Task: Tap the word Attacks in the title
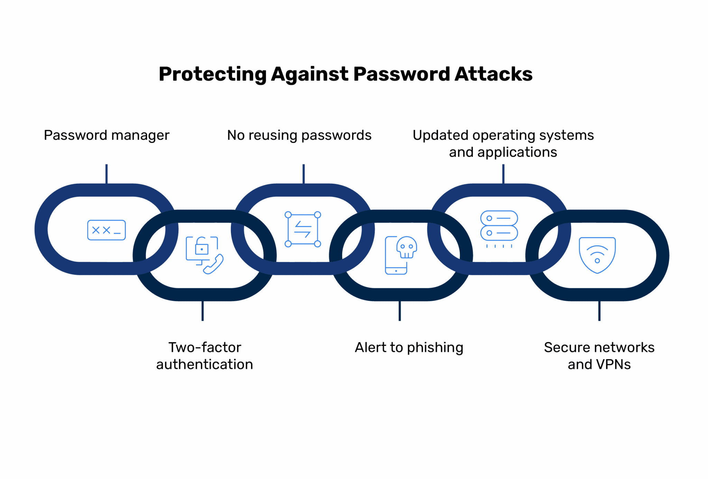click(x=493, y=74)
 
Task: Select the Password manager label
click(x=106, y=135)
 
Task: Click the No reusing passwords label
click(x=299, y=135)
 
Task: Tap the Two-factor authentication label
click(x=205, y=356)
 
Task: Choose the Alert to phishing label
click(x=409, y=347)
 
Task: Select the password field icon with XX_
click(x=106, y=230)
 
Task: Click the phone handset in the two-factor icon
click(x=213, y=265)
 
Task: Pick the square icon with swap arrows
click(x=303, y=229)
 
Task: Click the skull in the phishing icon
click(x=407, y=247)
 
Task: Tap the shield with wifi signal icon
click(x=597, y=255)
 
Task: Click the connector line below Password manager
click(x=106, y=174)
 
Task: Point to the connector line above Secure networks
click(x=599, y=311)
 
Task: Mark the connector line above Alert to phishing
click(x=400, y=311)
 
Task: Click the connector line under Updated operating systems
click(x=503, y=174)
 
